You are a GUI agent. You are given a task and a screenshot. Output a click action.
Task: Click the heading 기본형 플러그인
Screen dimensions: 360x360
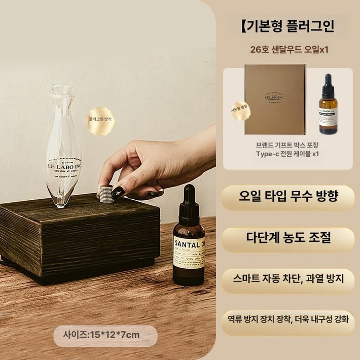[288, 25]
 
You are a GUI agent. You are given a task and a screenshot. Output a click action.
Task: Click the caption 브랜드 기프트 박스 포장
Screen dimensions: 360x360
[287, 144]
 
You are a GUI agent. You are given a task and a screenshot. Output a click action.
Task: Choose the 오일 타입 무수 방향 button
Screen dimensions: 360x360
[287, 197]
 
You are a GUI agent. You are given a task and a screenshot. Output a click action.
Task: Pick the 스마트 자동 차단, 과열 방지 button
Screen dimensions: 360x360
[287, 278]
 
